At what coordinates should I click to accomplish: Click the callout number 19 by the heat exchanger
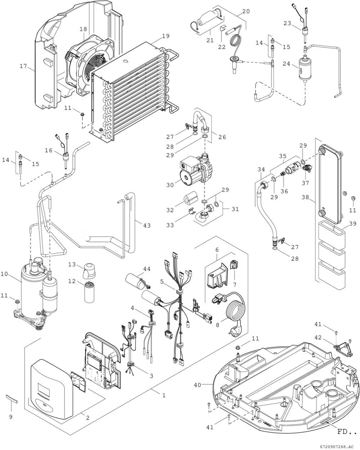166,36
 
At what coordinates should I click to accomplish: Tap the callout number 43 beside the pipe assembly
147,225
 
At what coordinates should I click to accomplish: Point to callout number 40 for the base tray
198,385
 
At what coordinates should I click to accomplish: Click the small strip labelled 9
12,399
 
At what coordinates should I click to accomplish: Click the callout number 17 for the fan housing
23,66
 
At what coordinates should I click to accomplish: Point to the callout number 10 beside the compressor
4,274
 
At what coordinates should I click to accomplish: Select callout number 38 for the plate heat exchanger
305,197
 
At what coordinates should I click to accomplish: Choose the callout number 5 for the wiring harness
162,282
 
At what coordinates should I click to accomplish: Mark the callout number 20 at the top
246,11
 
